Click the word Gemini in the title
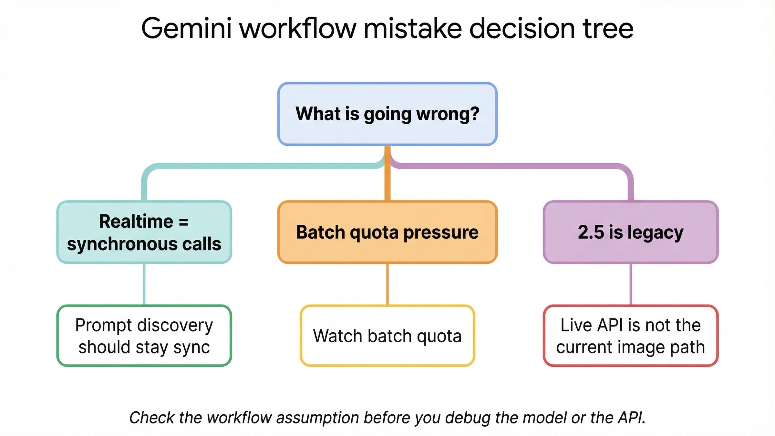click(x=187, y=28)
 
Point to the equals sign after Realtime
click(x=183, y=222)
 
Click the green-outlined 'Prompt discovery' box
click(x=144, y=336)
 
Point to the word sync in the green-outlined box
click(x=191, y=348)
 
